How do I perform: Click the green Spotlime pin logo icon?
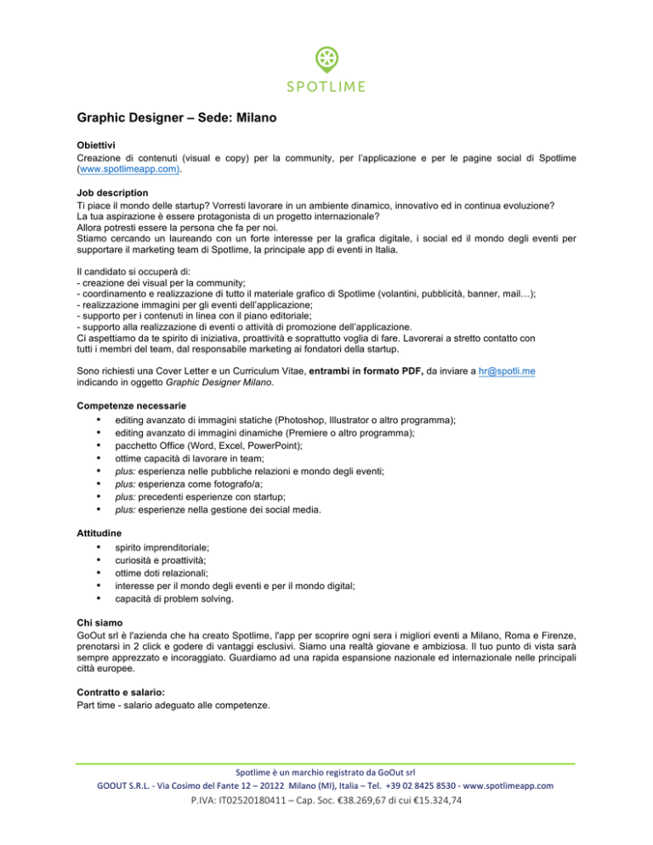[326, 60]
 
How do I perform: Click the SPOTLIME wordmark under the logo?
[326, 86]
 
